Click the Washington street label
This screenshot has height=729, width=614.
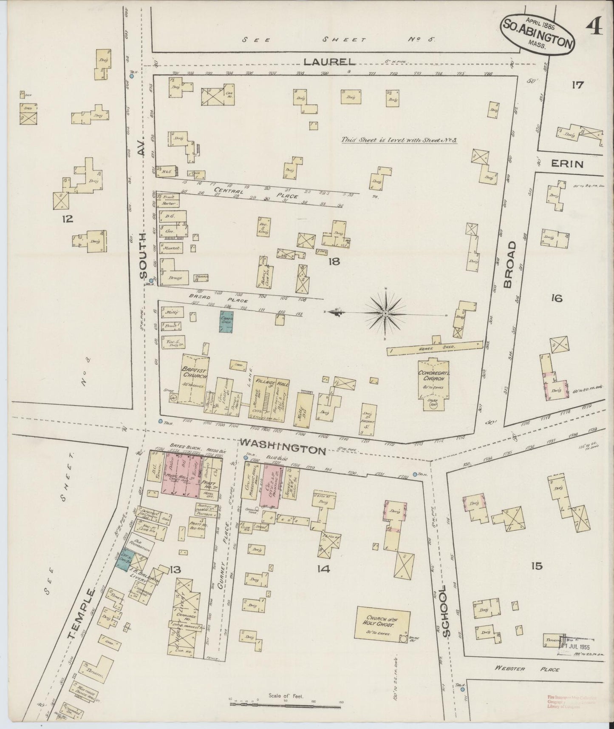(282, 450)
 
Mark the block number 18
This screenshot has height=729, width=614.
(334, 262)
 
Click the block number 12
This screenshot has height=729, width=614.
(67, 219)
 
